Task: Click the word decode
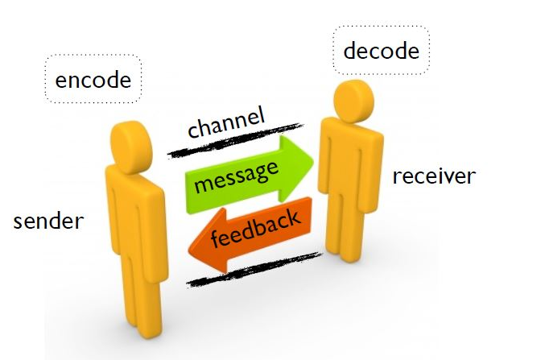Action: (x=381, y=51)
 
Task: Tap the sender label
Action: (x=48, y=220)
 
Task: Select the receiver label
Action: (x=434, y=175)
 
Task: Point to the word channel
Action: (x=225, y=122)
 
